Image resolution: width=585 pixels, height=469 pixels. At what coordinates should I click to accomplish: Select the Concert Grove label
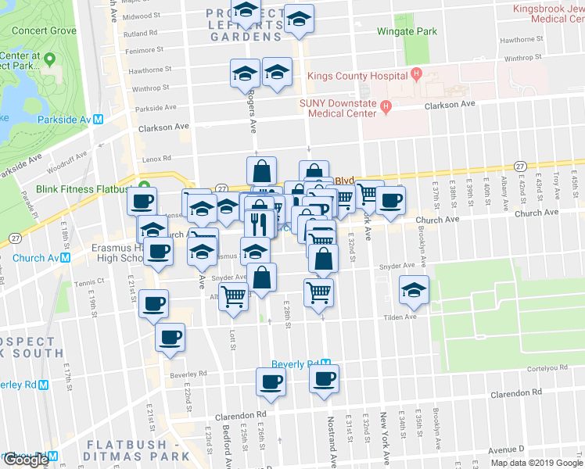(x=43, y=30)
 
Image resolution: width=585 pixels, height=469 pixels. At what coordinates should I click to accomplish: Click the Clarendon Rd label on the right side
(x=517, y=395)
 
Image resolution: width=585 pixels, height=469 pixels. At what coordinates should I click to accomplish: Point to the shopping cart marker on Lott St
(x=233, y=297)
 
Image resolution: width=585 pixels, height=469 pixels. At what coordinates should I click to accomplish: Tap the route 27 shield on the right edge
(x=520, y=166)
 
